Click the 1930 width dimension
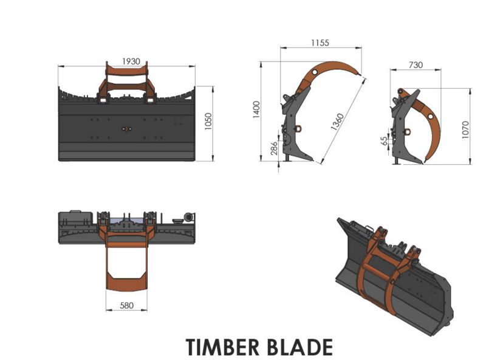click(131, 61)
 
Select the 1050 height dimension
click(208, 122)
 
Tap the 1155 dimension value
click(320, 43)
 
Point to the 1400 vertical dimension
click(256, 109)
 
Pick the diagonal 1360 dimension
click(337, 122)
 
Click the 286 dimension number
click(274, 148)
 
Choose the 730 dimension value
click(416, 65)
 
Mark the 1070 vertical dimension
click(465, 130)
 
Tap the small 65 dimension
click(384, 141)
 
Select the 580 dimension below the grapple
click(126, 305)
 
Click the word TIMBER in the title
click(222, 347)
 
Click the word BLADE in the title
click(299, 347)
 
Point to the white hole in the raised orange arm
click(315, 72)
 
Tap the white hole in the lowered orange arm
click(431, 116)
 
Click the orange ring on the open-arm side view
click(299, 128)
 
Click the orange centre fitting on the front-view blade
click(126, 129)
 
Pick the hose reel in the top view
click(188, 217)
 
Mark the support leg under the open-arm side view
click(287, 157)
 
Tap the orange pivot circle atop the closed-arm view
click(400, 92)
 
